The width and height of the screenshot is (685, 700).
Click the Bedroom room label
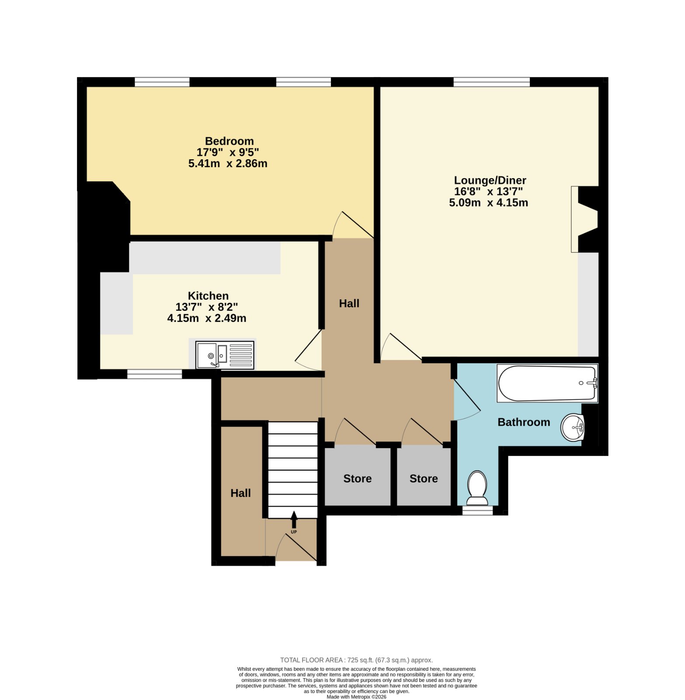(229, 141)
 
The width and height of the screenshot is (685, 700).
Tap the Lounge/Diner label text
(490, 180)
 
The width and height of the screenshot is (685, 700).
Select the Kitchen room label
(208, 296)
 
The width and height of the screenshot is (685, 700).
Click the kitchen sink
(225, 355)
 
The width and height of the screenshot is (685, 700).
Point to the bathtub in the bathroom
(547, 383)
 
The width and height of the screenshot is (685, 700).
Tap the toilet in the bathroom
(477, 487)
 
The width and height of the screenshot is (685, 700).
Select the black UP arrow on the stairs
(294, 520)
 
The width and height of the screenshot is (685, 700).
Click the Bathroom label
(524, 422)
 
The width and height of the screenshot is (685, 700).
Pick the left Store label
(357, 479)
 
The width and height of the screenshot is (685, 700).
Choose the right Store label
(424, 479)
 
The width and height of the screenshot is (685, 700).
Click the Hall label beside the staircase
(240, 493)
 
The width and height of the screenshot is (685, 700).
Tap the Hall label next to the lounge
(349, 303)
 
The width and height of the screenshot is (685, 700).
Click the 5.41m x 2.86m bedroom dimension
(228, 164)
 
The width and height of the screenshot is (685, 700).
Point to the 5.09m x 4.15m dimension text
(488, 203)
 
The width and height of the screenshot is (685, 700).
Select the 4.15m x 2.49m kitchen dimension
(207, 318)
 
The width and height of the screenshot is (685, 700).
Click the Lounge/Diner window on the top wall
(491, 82)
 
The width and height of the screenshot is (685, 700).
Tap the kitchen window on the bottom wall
(155, 374)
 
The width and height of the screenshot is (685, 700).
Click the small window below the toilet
(477, 510)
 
